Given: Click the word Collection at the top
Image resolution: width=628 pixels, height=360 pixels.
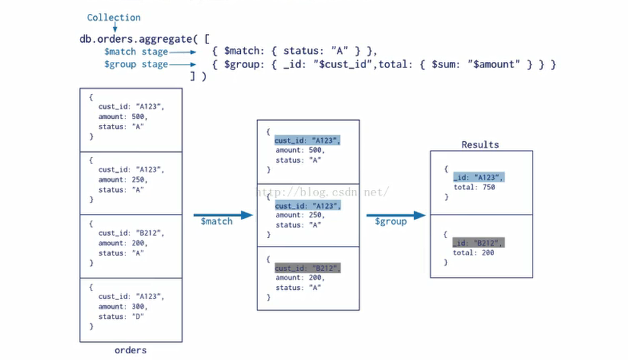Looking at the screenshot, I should [x=113, y=17].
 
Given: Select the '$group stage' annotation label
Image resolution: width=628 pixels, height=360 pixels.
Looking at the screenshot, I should [x=135, y=64].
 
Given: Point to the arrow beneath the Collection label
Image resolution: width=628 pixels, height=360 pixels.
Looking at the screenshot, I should [x=114, y=27].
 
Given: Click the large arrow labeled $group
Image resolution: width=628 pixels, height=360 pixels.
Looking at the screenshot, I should [x=396, y=215].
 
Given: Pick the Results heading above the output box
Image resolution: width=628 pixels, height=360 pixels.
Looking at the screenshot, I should [x=480, y=144].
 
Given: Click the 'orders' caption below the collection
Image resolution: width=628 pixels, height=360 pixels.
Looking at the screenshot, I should [x=130, y=350].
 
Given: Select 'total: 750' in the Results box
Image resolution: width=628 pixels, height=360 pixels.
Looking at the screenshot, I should [x=474, y=187].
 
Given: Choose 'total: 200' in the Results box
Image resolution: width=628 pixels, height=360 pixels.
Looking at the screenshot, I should [x=474, y=253].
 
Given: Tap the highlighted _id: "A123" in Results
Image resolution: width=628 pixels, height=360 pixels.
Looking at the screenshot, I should [x=478, y=177].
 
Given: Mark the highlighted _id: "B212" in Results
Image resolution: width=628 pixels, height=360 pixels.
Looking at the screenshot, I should [x=478, y=243].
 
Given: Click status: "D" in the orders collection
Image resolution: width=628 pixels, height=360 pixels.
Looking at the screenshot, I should [x=121, y=317].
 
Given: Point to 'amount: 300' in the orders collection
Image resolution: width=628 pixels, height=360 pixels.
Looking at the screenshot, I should [x=122, y=307].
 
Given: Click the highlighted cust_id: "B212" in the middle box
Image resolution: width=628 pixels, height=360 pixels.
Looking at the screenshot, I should [x=307, y=268].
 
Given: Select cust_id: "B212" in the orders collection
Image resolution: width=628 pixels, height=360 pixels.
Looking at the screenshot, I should [x=131, y=233].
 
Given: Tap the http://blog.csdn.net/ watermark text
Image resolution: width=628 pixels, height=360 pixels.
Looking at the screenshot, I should [x=323, y=192].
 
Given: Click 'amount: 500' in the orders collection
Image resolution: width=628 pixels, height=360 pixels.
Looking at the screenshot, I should [x=122, y=116].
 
